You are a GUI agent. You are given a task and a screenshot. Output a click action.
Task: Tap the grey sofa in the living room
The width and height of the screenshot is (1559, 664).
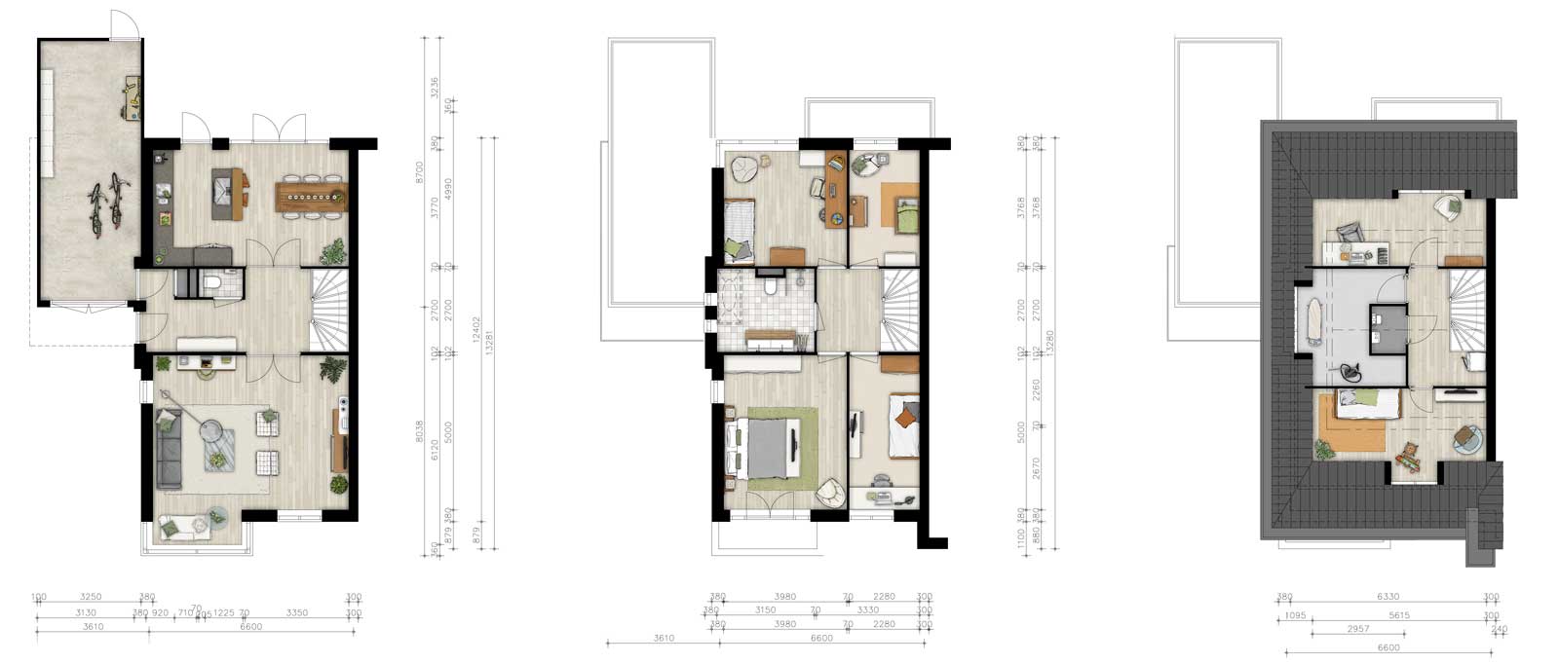pos(169,448)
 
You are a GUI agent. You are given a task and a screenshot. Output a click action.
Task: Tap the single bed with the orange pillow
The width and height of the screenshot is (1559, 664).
pos(905,425)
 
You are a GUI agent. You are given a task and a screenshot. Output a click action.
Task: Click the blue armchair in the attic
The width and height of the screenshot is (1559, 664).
pos(1466,440)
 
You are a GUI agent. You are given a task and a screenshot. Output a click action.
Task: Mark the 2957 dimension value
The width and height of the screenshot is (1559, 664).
pos(1358,630)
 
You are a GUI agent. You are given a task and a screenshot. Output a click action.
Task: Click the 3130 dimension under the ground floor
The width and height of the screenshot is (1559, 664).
pos(86,613)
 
